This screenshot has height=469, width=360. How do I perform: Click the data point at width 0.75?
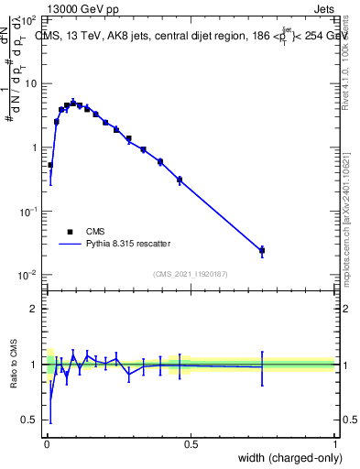[262, 250]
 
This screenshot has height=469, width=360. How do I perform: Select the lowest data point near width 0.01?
[50, 165]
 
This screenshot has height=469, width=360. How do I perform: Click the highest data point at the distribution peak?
[73, 103]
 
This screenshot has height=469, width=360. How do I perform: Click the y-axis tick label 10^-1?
[29, 212]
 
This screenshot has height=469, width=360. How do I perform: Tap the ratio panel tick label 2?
[34, 309]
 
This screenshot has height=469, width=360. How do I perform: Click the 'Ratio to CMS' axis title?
[13, 364]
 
